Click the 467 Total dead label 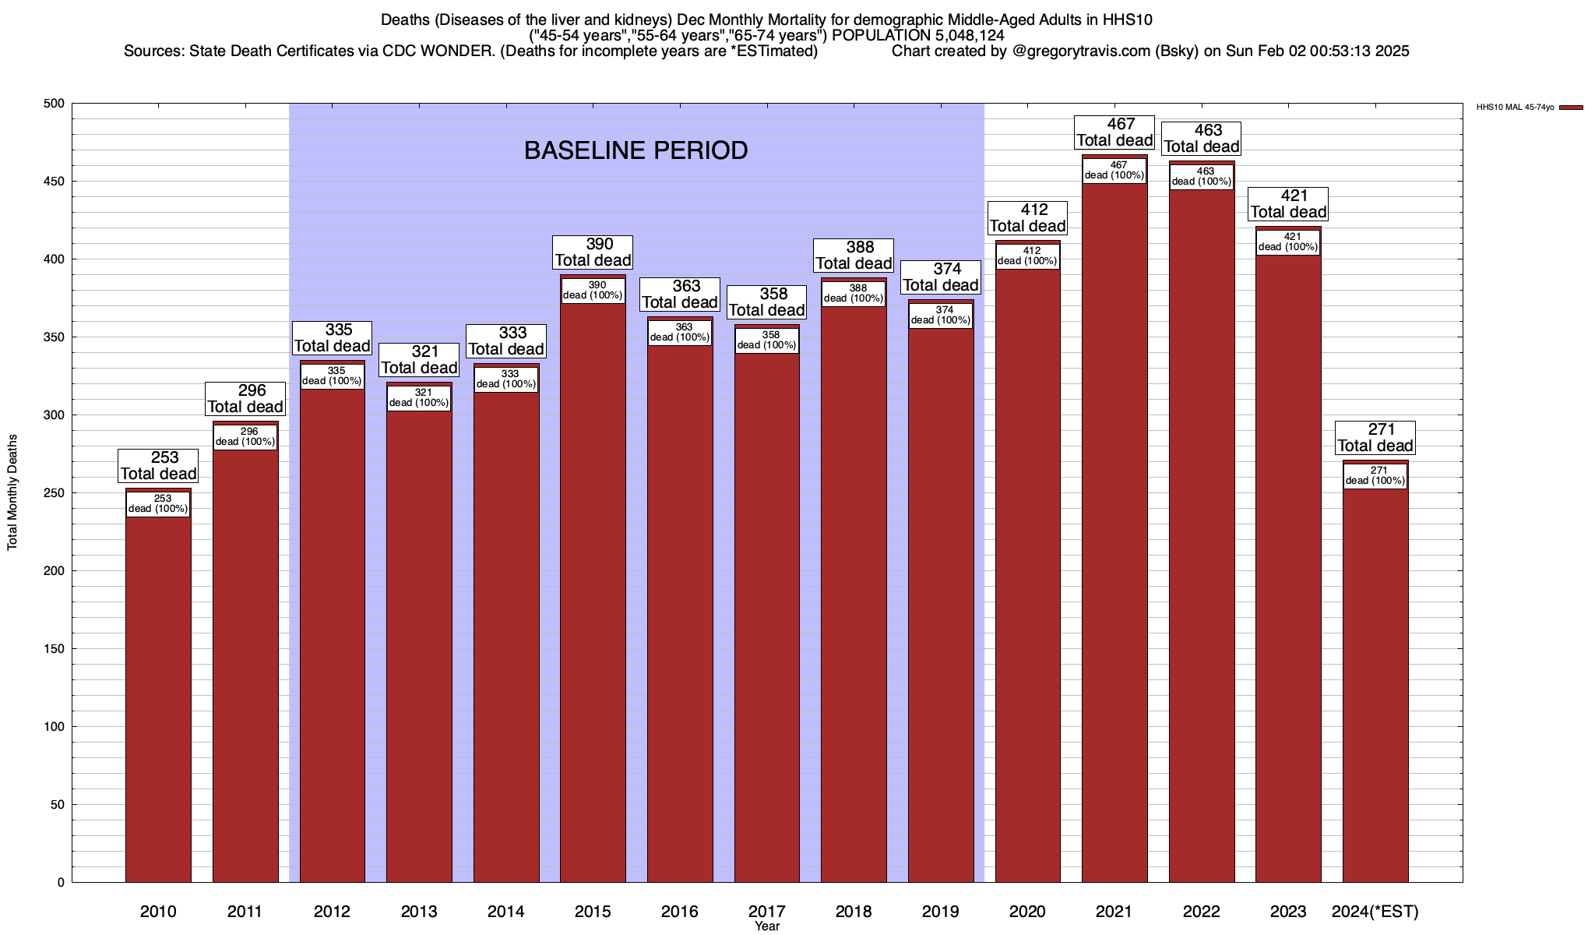[1114, 132]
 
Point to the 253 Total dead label [158, 465]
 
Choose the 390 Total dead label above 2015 [593, 252]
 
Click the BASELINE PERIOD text [636, 150]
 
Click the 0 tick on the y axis [61, 883]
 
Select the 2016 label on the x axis [680, 911]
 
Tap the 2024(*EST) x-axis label [1375, 911]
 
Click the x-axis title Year [766, 926]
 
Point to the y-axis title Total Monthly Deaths [12, 492]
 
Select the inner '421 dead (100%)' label [1288, 242]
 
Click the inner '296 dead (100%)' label [245, 436]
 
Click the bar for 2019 [941, 608]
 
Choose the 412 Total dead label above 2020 [1027, 217]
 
